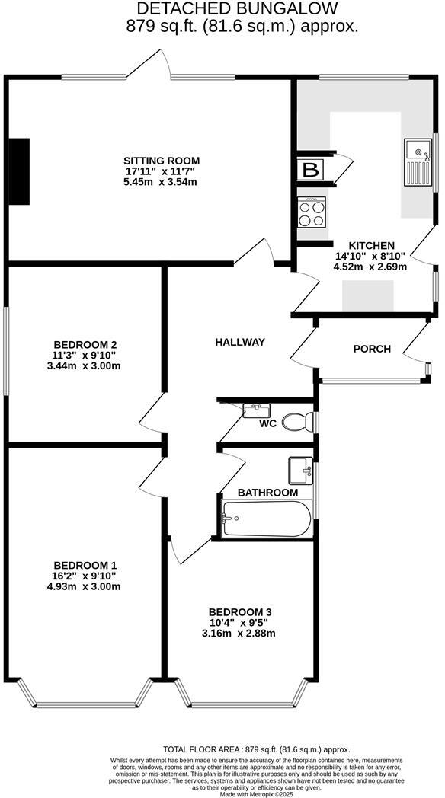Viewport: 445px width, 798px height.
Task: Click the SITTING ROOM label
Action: coord(160,161)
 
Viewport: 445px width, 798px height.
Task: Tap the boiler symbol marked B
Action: coord(310,170)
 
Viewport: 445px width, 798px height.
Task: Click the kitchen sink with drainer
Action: coord(418,162)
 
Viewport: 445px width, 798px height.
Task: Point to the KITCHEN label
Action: coord(364,244)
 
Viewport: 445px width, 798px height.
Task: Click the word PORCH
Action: coord(372,349)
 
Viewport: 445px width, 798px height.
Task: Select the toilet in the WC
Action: coord(297,421)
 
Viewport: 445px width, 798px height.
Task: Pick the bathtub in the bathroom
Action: coord(267,519)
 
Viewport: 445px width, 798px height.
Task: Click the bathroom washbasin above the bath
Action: coord(300,471)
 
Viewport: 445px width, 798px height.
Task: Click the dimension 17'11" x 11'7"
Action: coord(160,171)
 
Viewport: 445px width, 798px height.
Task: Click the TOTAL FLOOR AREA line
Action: coord(257,750)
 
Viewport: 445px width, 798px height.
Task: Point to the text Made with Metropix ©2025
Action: coord(257,793)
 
